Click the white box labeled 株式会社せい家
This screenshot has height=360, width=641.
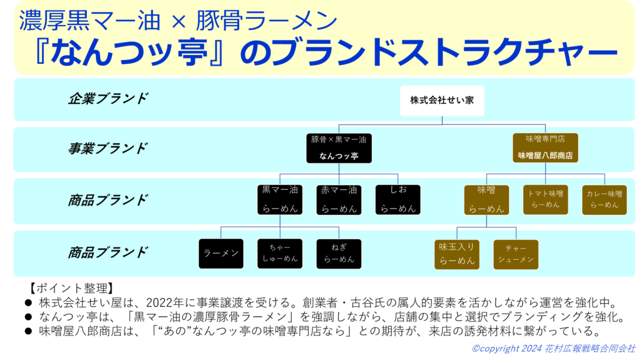pos(442,101)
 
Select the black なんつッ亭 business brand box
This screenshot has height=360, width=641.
pos(339,148)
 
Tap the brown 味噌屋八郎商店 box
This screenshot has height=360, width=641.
pos(545,148)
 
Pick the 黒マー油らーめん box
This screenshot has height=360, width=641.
pos(280,200)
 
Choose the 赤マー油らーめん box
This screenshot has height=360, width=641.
pos(339,200)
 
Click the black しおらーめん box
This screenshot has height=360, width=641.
pos(397,200)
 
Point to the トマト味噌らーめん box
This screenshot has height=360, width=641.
pos(545,200)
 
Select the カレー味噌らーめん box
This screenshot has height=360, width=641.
pos(604,200)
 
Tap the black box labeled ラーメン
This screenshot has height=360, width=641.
pos(221,254)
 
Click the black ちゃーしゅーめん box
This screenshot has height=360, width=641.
pos(280,254)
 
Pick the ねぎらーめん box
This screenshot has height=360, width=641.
pos(339,254)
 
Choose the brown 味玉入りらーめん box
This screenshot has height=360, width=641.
pos(456,254)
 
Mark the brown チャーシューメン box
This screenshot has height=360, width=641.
pos(516,254)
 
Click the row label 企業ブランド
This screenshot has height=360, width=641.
pos(108,99)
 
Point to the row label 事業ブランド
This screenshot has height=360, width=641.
pos(108,148)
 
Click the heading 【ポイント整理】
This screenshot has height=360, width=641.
pos(71,288)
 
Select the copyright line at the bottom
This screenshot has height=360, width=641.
pos(553,349)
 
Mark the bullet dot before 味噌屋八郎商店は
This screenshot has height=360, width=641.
pos(28,331)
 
